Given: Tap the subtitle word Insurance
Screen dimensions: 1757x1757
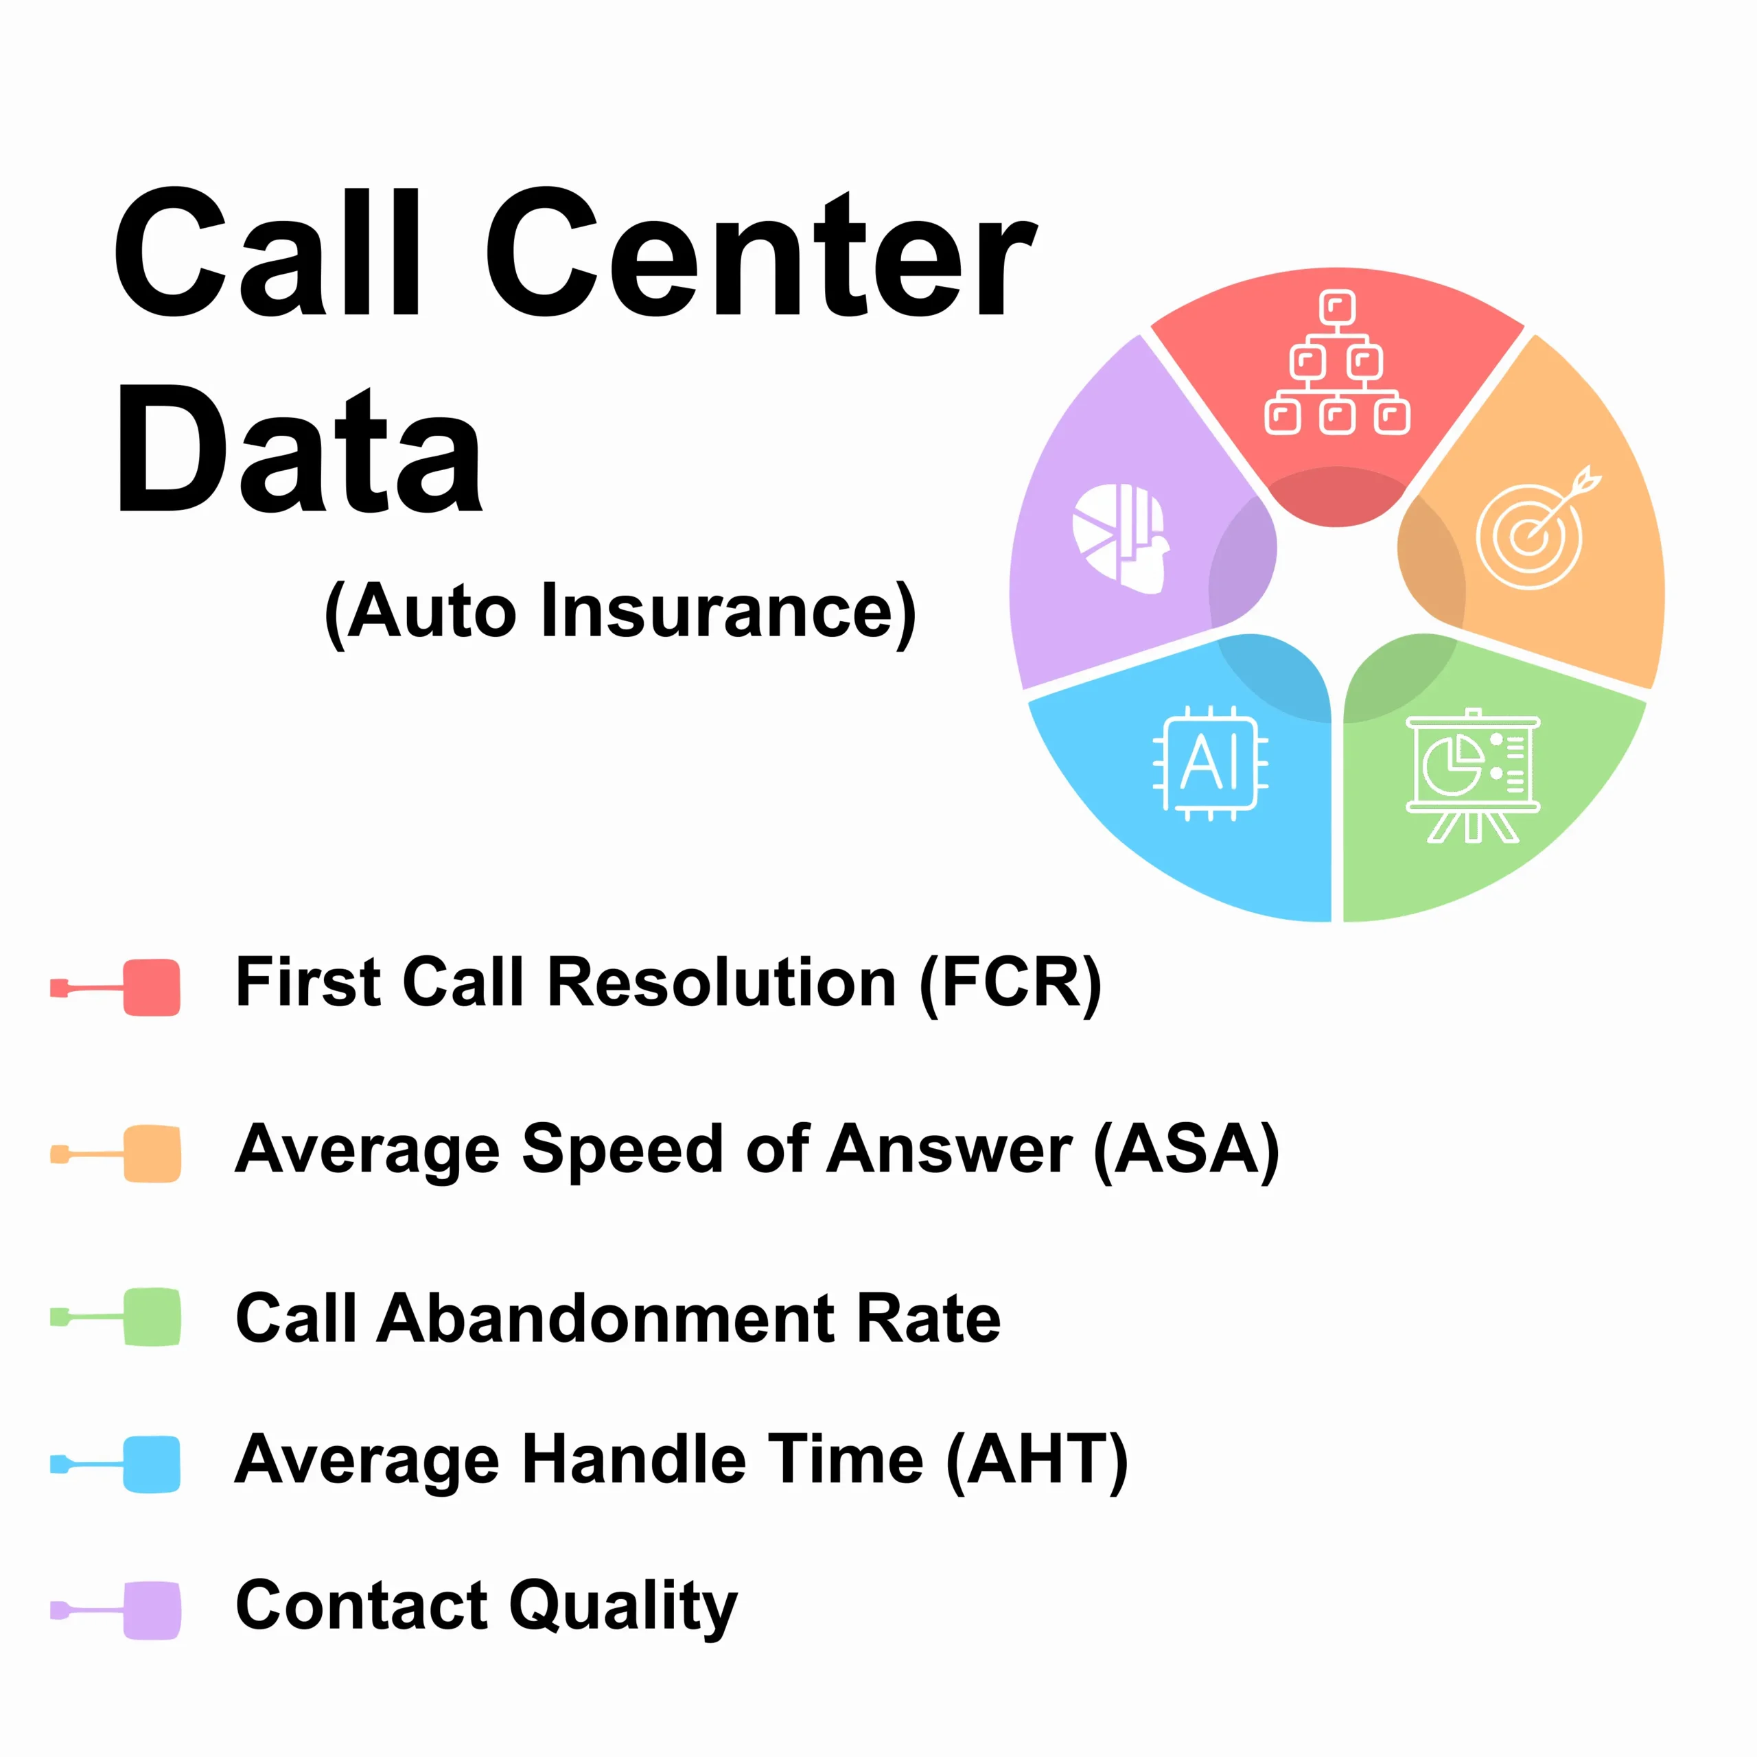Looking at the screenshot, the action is [728, 610].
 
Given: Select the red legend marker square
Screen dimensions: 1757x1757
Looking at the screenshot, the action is [152, 988].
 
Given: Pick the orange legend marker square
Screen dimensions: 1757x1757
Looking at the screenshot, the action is [152, 1154].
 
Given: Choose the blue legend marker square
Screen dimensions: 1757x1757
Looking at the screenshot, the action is [152, 1464].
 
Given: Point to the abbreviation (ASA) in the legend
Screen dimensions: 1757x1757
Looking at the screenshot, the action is [1186, 1150].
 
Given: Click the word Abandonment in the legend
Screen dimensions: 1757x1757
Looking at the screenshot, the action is [607, 1318].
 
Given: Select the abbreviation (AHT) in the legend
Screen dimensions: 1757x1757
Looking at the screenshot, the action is [1038, 1461].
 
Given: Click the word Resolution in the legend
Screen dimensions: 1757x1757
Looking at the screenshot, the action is [722, 983].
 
